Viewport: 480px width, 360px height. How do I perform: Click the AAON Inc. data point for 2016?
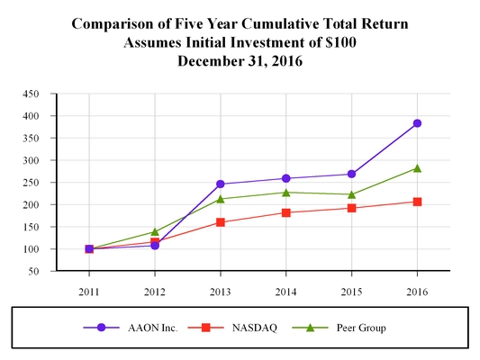point(417,123)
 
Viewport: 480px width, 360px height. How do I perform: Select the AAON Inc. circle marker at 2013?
point(221,184)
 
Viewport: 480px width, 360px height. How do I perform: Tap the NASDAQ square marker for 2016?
point(417,202)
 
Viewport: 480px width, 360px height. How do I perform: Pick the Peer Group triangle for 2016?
point(417,168)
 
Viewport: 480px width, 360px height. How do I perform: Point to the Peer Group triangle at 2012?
point(155,232)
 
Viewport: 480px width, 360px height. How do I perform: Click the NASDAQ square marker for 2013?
point(221,222)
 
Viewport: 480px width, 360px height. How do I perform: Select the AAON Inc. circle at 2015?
point(351,174)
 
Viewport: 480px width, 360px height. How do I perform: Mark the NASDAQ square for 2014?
point(286,212)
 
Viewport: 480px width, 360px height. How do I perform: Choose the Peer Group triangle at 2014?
point(286,192)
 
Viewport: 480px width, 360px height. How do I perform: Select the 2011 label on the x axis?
point(89,292)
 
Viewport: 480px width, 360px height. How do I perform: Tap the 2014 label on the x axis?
point(286,292)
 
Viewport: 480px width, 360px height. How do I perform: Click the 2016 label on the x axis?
point(417,292)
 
